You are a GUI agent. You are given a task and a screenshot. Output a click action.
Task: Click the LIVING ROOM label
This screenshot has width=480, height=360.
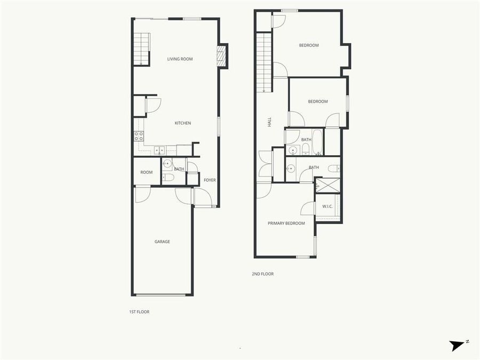(x=180, y=59)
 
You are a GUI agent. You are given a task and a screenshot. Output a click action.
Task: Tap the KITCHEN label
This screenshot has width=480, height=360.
(x=182, y=123)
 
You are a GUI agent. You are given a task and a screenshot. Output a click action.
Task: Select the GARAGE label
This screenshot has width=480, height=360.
(x=162, y=242)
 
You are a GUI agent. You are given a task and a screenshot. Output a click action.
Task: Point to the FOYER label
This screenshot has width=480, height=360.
(x=210, y=180)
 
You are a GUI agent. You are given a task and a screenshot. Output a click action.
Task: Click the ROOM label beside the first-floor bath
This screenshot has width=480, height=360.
(x=146, y=172)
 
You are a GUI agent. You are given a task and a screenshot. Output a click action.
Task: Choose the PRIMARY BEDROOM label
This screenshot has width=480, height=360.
(x=286, y=223)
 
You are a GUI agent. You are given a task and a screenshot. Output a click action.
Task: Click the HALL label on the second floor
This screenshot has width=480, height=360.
(x=270, y=122)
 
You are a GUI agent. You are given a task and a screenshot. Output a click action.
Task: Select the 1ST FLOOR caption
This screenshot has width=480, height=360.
(x=139, y=311)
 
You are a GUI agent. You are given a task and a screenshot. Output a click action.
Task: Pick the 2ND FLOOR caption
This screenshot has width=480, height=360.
(x=262, y=274)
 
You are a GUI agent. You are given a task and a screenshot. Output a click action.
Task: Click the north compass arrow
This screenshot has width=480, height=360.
(x=457, y=345)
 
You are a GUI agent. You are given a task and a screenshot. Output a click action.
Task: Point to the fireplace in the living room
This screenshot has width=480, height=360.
(x=222, y=56)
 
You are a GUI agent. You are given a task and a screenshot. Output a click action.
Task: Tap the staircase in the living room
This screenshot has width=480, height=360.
(x=141, y=49)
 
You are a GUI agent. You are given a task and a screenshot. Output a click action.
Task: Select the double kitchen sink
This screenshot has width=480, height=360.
(x=159, y=150)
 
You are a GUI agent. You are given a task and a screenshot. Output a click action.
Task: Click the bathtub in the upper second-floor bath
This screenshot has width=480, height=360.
(x=317, y=141)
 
